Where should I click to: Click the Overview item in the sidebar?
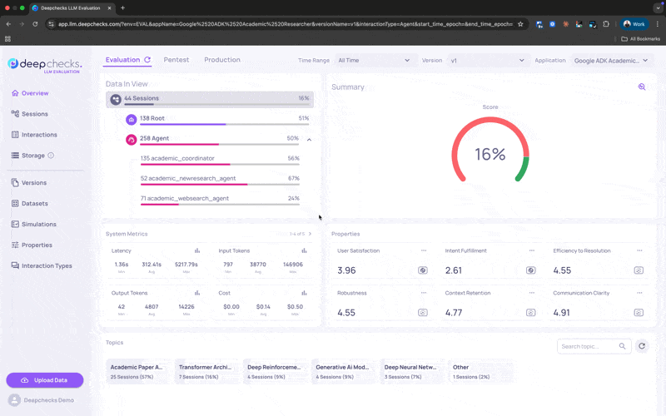34,93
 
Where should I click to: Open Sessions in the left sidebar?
34,114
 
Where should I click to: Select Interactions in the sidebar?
39,135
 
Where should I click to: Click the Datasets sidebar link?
35,203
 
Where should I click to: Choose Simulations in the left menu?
39,224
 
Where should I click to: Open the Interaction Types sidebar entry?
46,265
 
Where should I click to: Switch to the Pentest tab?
176,60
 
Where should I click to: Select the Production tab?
222,60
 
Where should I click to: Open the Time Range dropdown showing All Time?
375,60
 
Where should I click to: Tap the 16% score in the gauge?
490,154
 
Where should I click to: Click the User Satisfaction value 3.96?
346,270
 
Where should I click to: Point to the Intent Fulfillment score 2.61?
454,270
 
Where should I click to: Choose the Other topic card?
480,371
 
